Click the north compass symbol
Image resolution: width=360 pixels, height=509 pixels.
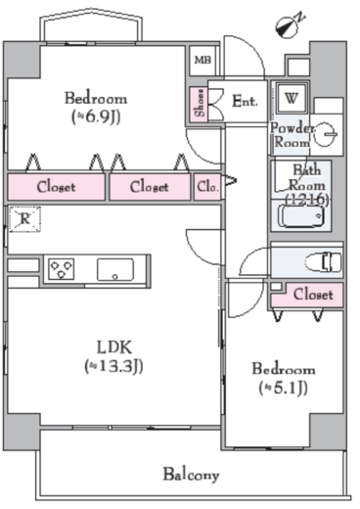(x=289, y=25)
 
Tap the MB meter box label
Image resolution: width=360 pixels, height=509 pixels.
(x=202, y=60)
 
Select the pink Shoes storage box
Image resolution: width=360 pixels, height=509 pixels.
(x=199, y=105)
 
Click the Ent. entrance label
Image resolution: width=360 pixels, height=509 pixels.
(x=245, y=101)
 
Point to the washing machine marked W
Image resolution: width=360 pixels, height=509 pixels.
(x=292, y=98)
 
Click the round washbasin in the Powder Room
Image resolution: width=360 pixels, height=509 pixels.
(x=326, y=134)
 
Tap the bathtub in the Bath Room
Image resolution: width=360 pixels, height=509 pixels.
(x=302, y=215)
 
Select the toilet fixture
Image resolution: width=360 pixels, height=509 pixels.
(x=323, y=262)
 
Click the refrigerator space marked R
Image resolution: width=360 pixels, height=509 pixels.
(x=24, y=219)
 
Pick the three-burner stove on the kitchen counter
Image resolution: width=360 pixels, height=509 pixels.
(x=62, y=269)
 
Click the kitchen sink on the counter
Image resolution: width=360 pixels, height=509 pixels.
(x=115, y=270)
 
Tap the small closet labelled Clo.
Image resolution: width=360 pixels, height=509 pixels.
(x=207, y=187)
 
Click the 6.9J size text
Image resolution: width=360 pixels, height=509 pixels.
(x=96, y=116)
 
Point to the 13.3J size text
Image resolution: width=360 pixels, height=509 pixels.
(x=113, y=366)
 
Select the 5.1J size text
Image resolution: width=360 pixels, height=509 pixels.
(x=283, y=388)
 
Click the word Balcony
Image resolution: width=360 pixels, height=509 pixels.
(x=191, y=475)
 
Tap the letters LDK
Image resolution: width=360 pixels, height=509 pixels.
(x=114, y=347)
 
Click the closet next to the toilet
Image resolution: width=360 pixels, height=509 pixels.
(x=307, y=295)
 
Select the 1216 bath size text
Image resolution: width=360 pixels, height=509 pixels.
(x=307, y=200)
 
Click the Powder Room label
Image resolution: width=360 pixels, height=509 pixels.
(x=292, y=135)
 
